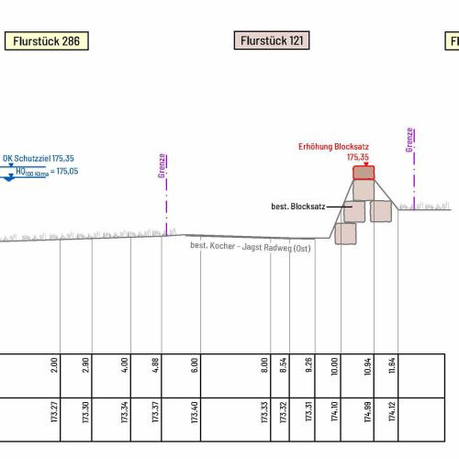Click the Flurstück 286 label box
click(47, 40)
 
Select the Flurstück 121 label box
click(272, 40)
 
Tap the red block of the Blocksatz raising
click(364, 173)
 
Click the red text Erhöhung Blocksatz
click(333, 147)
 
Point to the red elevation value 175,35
click(358, 157)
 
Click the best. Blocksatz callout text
click(298, 207)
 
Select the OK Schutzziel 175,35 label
click(39, 158)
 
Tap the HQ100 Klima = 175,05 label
click(47, 172)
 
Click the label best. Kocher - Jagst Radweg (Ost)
click(251, 247)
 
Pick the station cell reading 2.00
click(53, 364)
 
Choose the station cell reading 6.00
click(194, 365)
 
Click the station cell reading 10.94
click(367, 366)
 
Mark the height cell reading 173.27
click(54, 412)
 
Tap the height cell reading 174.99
click(367, 412)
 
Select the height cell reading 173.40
click(194, 412)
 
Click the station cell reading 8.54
click(284, 365)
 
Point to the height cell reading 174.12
click(392, 411)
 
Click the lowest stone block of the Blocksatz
click(345, 234)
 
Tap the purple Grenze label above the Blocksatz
click(409, 140)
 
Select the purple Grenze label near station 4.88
click(162, 165)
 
